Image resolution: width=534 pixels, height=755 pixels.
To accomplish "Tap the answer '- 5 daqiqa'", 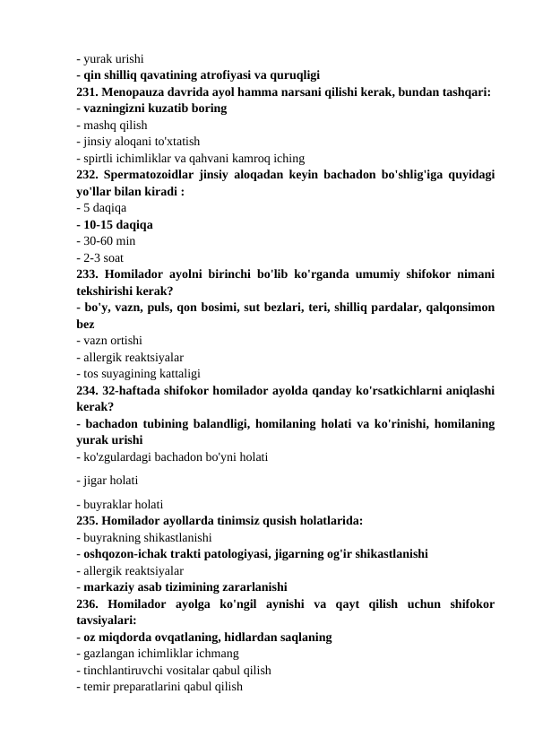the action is [101, 207].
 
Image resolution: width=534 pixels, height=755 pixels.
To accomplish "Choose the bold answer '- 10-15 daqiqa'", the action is [114, 224].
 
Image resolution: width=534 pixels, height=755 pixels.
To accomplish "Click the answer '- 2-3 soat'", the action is [101, 258].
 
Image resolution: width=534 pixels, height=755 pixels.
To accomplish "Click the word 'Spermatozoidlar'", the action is [154, 174].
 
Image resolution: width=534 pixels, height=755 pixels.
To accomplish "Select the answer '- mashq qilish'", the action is [112, 125].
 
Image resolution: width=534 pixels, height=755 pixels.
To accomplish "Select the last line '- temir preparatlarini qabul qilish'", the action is [159, 686].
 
